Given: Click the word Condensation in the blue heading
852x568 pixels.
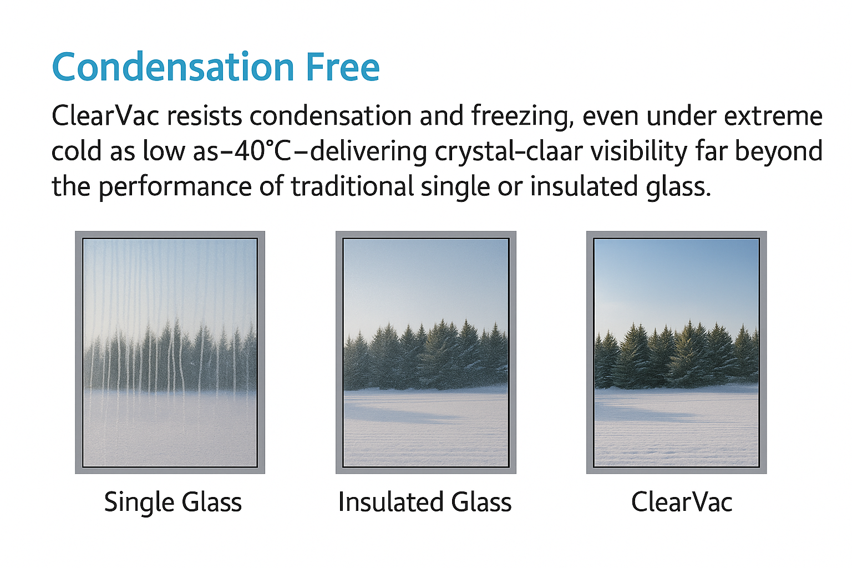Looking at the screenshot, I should (173, 68).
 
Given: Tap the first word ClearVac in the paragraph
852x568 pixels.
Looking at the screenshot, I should (105, 116).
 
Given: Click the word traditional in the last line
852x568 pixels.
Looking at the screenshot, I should (352, 186).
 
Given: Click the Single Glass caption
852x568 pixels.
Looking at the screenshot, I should (173, 503).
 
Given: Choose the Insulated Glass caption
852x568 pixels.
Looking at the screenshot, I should (424, 503).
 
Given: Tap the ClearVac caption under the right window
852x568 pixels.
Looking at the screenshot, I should (681, 503).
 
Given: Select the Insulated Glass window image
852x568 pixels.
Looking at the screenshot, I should (425, 352).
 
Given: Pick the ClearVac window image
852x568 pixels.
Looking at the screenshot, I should (676, 352).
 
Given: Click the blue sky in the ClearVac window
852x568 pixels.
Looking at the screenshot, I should (676, 277).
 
